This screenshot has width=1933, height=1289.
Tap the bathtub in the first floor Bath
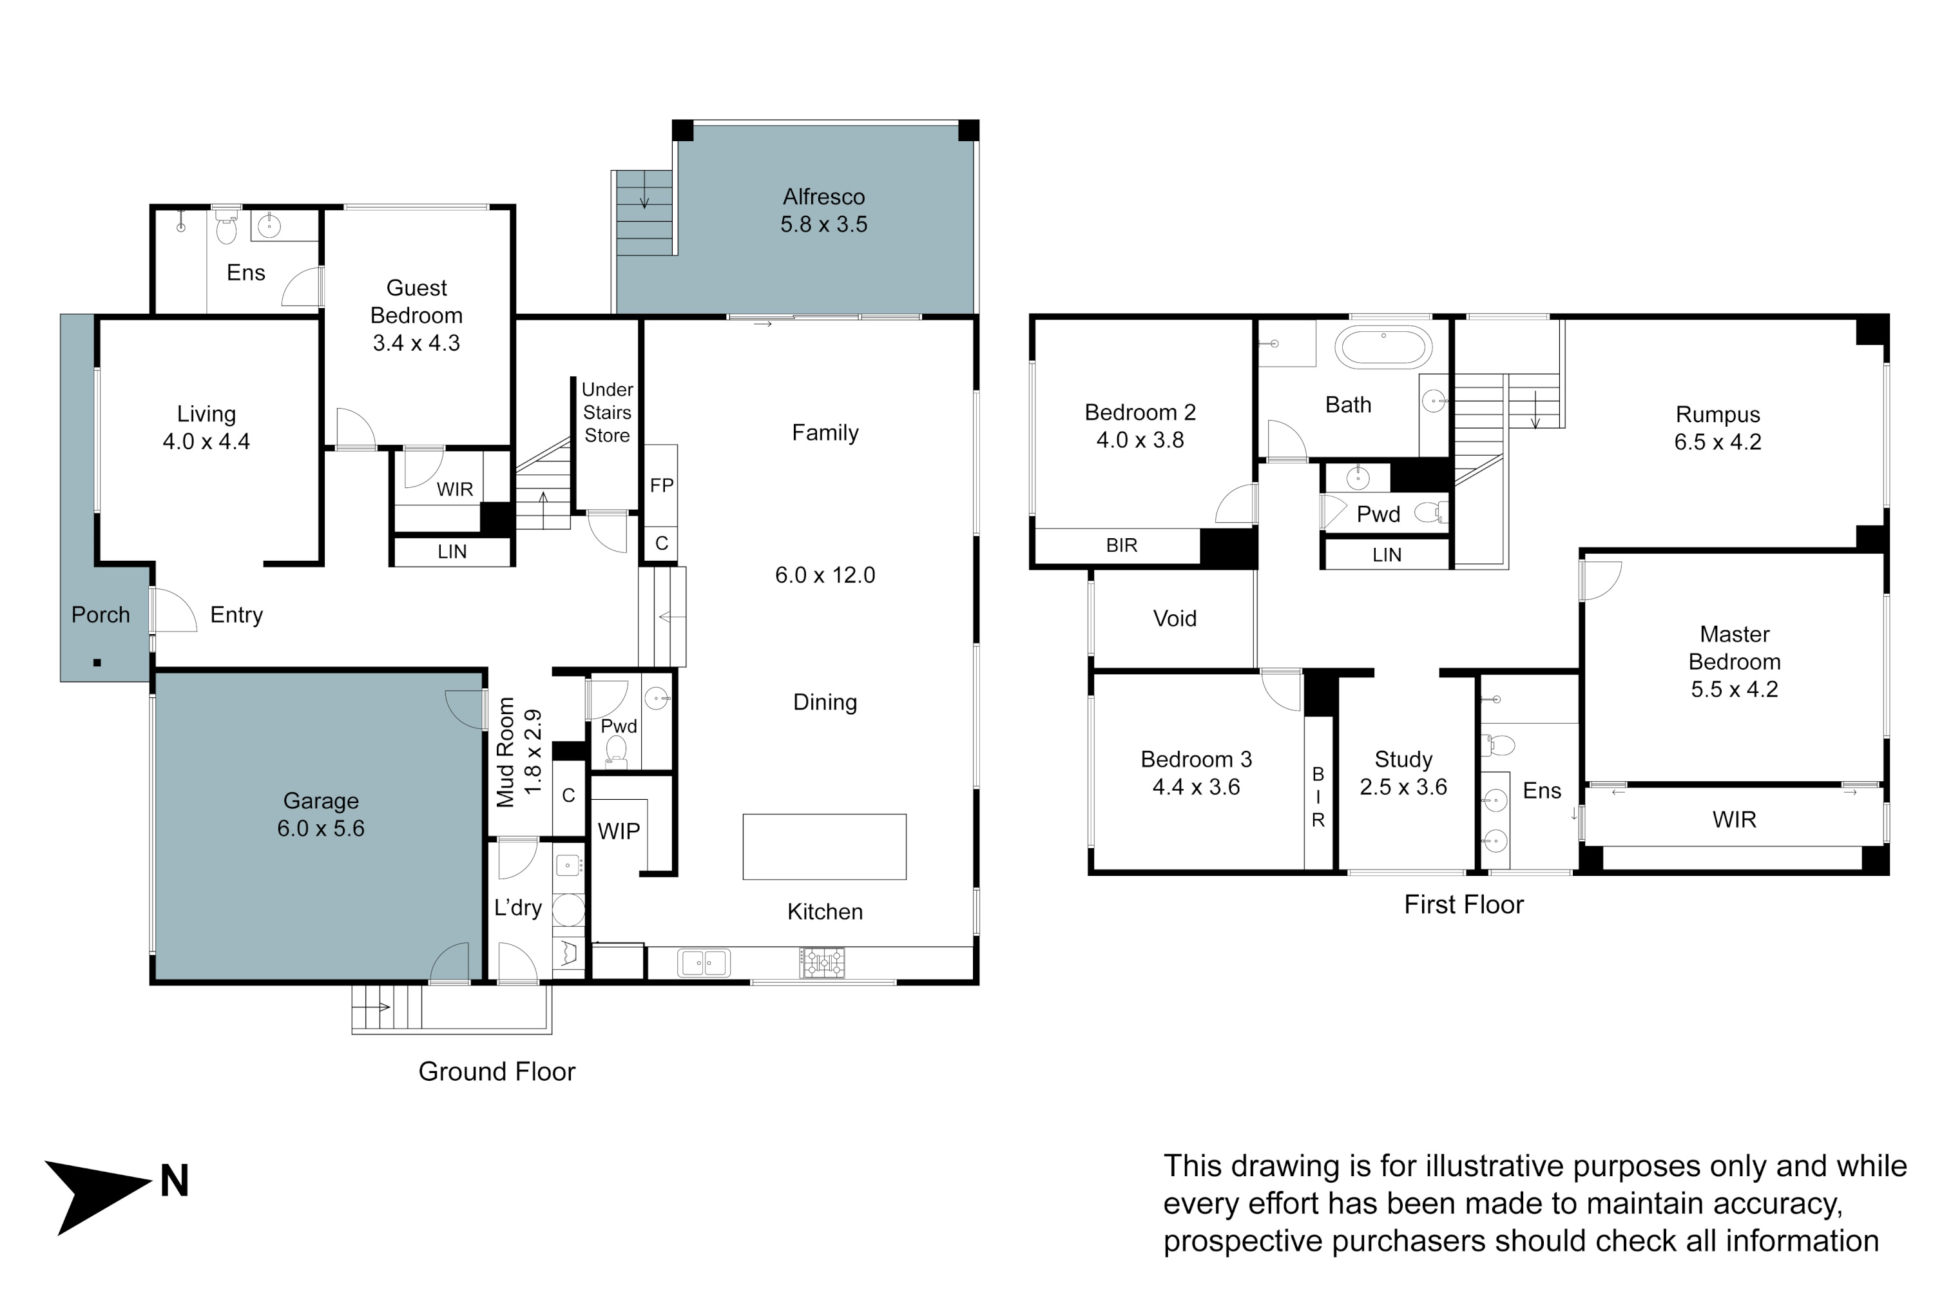1383,346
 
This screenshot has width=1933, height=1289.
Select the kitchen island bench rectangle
824,847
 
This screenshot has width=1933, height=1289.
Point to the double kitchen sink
704,963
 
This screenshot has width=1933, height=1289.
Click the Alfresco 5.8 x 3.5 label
823,211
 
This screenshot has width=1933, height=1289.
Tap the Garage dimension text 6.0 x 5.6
320,829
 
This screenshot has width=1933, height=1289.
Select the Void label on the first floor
1175,618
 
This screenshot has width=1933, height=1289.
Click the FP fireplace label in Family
662,486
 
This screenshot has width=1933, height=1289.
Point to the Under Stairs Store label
608,412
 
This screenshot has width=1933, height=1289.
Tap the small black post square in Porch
97,663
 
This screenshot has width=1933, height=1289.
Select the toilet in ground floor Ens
226,228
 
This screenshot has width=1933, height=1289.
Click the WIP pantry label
619,832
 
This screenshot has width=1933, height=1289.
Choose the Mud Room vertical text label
505,752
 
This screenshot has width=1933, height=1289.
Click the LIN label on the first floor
1387,555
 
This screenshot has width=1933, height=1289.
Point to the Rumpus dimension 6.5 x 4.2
1718,442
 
